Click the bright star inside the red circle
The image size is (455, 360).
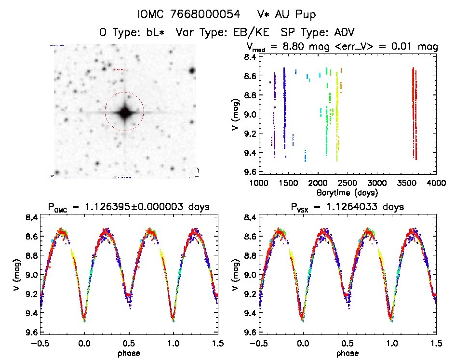pos(124,112)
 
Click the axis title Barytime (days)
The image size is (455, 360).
pos(348,192)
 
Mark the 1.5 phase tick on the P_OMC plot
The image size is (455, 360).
pos(218,343)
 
